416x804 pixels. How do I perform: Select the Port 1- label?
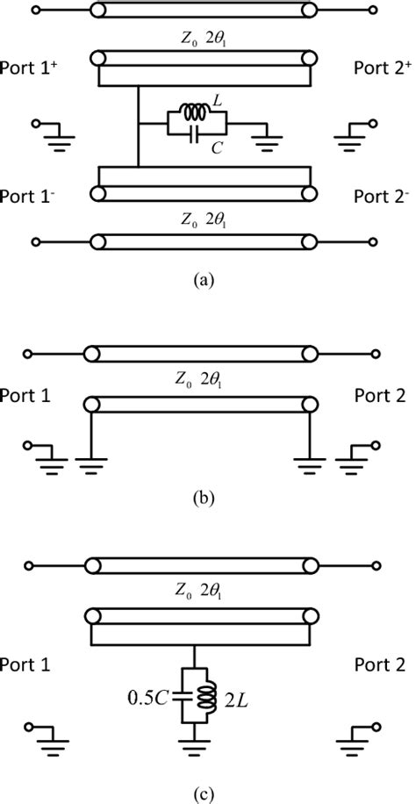click(x=35, y=195)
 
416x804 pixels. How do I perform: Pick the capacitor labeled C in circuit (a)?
click(x=195, y=133)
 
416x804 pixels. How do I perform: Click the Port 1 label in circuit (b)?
click(x=32, y=396)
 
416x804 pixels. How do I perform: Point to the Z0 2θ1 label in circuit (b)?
click(x=203, y=383)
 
